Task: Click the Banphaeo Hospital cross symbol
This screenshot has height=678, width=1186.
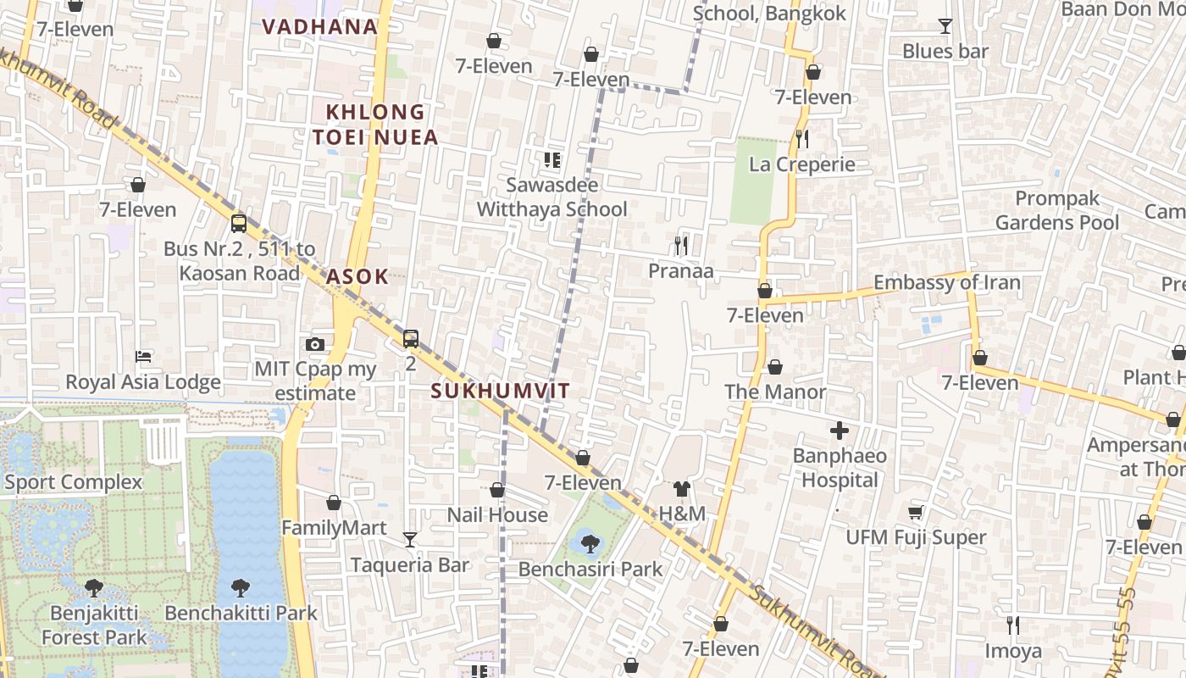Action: click(x=839, y=431)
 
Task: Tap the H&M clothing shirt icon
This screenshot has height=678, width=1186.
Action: click(x=682, y=488)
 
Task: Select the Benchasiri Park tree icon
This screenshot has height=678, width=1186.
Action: click(x=590, y=543)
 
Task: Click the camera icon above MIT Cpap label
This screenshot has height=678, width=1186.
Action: click(x=315, y=344)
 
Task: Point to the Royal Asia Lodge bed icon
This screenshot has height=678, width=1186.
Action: click(x=143, y=357)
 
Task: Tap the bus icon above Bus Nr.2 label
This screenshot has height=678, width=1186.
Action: click(x=239, y=224)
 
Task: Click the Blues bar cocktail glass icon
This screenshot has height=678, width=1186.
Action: click(x=945, y=26)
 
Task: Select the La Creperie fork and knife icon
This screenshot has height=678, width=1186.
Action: click(x=802, y=139)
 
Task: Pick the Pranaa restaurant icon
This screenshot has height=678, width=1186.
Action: click(x=681, y=246)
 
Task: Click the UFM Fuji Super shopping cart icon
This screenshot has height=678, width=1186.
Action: click(x=915, y=512)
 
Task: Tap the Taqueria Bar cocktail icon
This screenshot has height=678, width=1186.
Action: click(x=410, y=539)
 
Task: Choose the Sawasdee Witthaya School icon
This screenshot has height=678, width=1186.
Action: click(x=552, y=159)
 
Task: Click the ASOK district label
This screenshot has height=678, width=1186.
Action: click(x=357, y=276)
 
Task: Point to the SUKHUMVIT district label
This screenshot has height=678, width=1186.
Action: click(x=500, y=391)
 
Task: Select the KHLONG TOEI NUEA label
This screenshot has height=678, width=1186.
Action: click(x=375, y=125)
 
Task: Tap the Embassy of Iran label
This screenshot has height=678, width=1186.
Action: click(x=946, y=282)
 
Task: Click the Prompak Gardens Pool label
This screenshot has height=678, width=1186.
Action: click(x=1056, y=210)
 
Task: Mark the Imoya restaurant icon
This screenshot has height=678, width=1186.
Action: click(x=1012, y=625)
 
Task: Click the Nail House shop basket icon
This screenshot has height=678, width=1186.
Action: click(x=497, y=490)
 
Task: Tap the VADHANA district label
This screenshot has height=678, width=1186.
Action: click(x=319, y=26)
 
